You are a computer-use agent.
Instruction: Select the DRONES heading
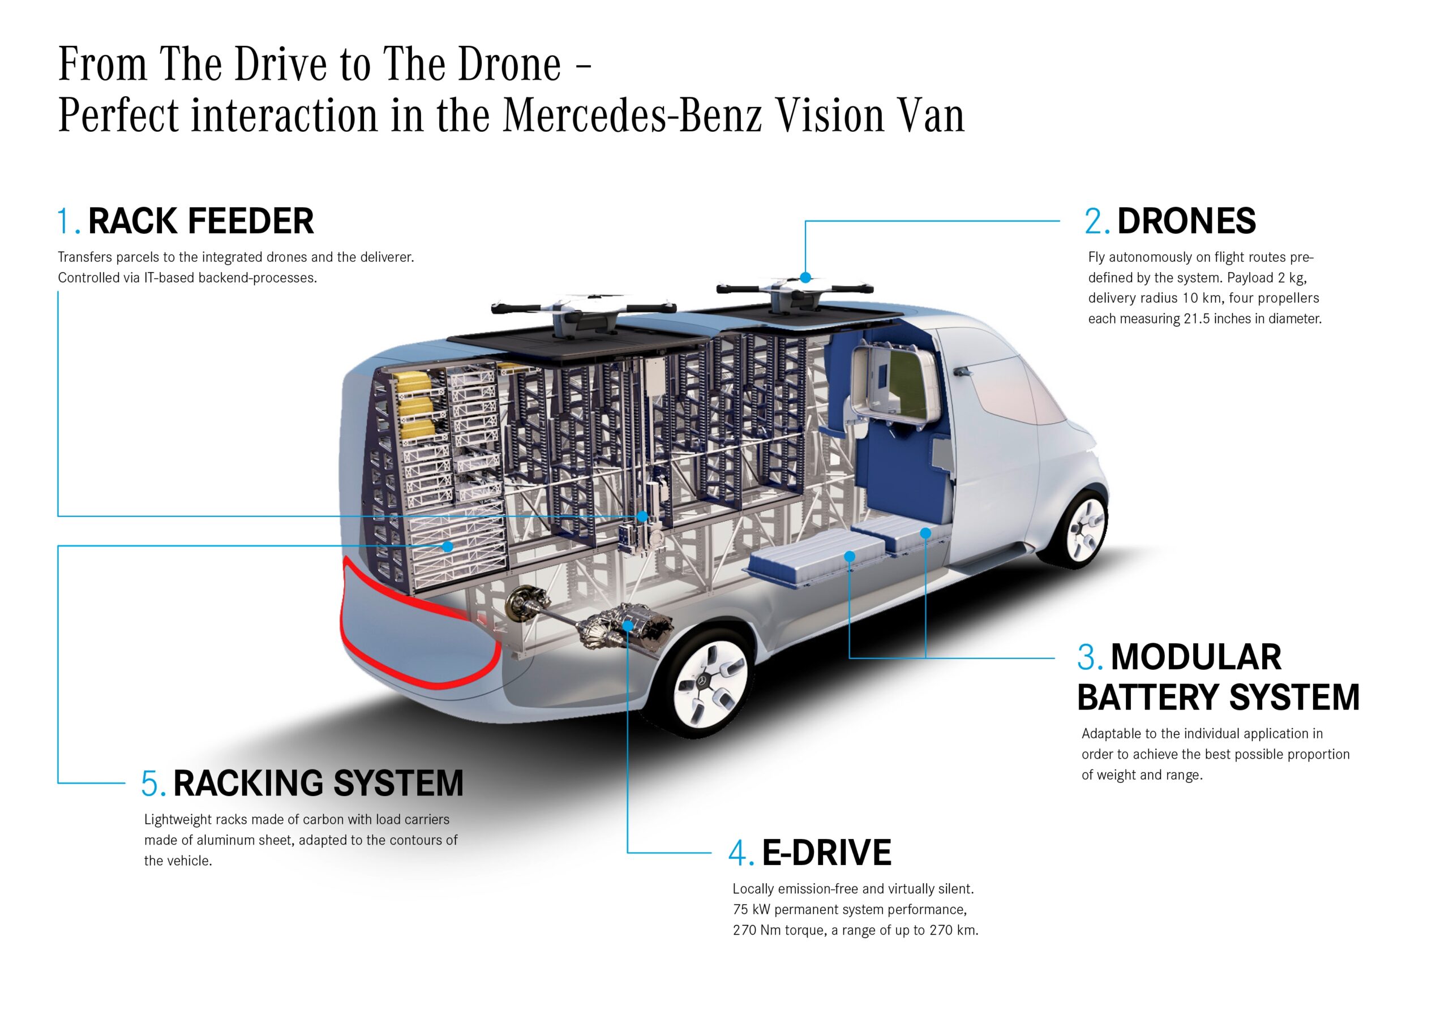[1186, 221]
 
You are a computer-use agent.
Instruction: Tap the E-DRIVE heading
[826, 853]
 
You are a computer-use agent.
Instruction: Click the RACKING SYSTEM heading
[318, 784]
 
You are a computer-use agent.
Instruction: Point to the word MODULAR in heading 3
[1195, 657]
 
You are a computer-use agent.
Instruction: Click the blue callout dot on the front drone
[805, 278]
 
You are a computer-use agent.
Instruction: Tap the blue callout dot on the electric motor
[627, 625]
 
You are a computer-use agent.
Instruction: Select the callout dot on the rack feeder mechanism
[642, 517]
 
